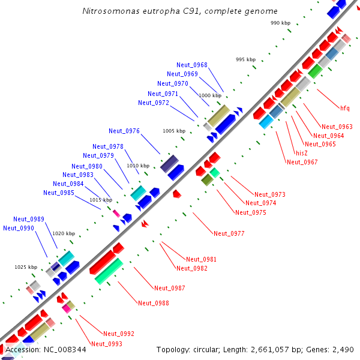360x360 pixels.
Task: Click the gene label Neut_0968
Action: pos(192,65)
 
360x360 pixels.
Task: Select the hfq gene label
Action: pos(344,108)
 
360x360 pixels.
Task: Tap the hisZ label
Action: pos(302,153)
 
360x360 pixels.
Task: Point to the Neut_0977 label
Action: pos(229,233)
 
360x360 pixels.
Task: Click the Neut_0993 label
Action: pos(107,344)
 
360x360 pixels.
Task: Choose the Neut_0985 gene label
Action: pos(59,193)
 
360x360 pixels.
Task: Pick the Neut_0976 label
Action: pos(124,131)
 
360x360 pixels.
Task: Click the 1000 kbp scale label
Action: pos(210,95)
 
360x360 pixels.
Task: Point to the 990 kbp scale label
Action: pos(280,23)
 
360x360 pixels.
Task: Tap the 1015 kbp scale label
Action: pos(101,200)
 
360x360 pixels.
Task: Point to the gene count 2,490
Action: pos(343,349)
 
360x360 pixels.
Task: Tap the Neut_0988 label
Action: pos(154,303)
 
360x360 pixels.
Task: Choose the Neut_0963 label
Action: pos(337,127)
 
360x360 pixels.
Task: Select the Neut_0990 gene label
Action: pos(19,228)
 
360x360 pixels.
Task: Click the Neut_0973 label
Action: pos(270,194)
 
